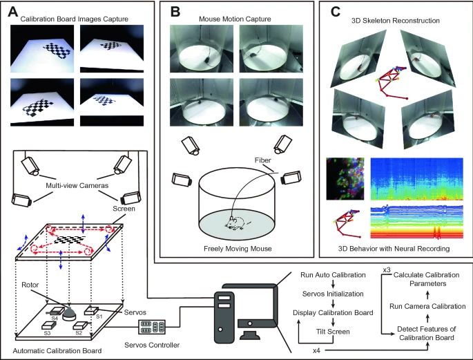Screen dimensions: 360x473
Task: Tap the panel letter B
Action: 175,10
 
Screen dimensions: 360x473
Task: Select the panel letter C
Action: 335,10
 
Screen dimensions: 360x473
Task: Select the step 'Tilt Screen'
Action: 322,330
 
